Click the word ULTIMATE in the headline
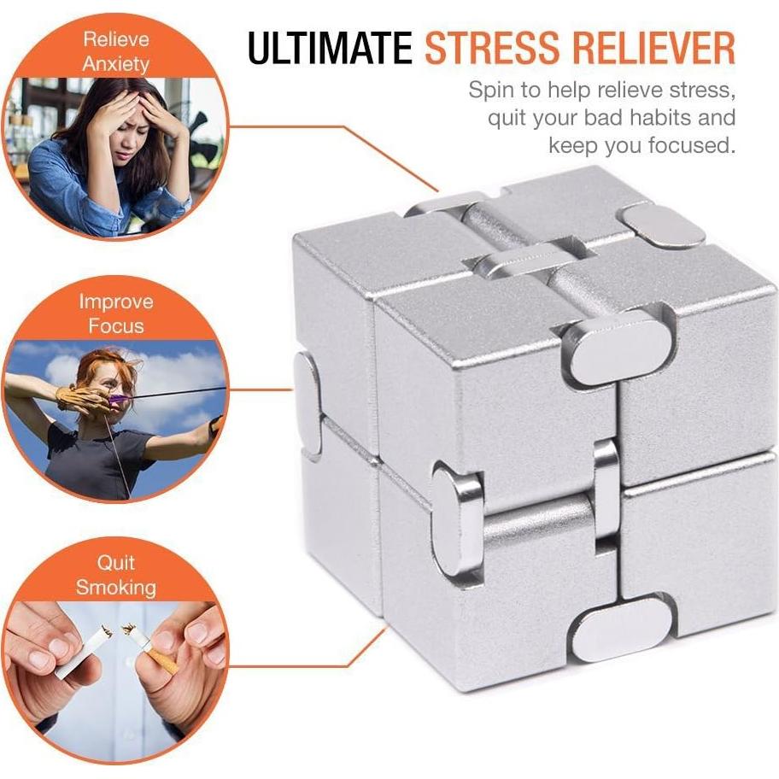330,48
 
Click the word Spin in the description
491,91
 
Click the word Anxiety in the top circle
116,65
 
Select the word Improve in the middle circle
116,302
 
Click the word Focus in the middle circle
116,326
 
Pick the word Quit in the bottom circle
116,562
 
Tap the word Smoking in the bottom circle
116,587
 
